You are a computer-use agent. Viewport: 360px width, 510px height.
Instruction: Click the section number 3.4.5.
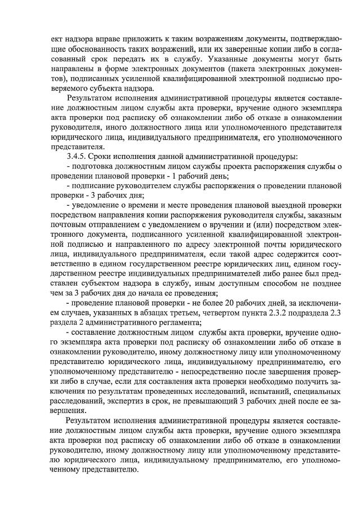pyautogui.click(x=76, y=156)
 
